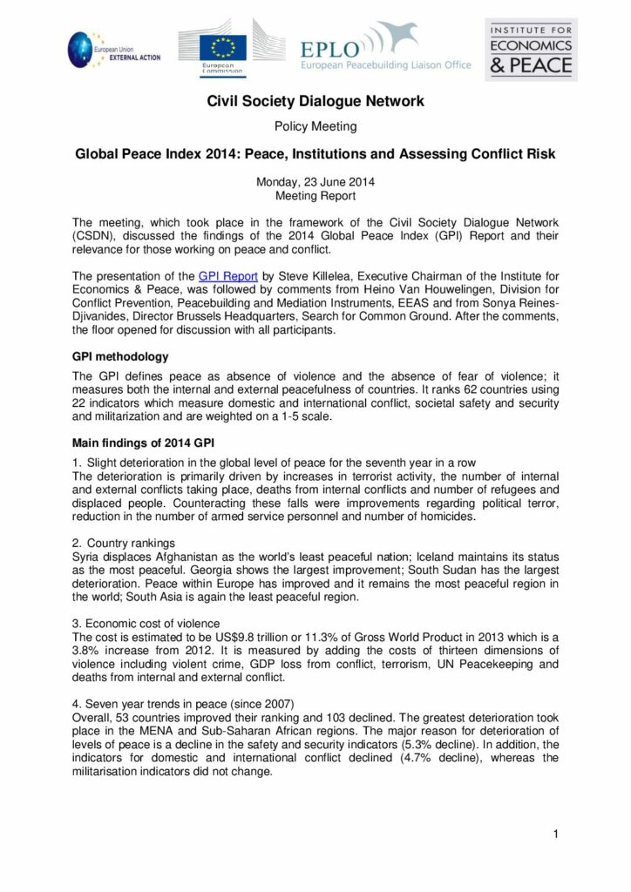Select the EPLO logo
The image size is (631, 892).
(384, 50)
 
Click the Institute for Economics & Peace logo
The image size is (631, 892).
(531, 49)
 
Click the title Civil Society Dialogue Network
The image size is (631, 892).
(315, 102)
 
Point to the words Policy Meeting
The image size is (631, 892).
(315, 126)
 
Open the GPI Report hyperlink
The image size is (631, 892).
(224, 274)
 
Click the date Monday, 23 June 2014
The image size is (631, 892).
(315, 182)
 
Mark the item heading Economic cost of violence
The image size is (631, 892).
(153, 624)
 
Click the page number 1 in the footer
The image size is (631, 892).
(555, 835)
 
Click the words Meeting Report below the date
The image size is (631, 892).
(315, 196)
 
